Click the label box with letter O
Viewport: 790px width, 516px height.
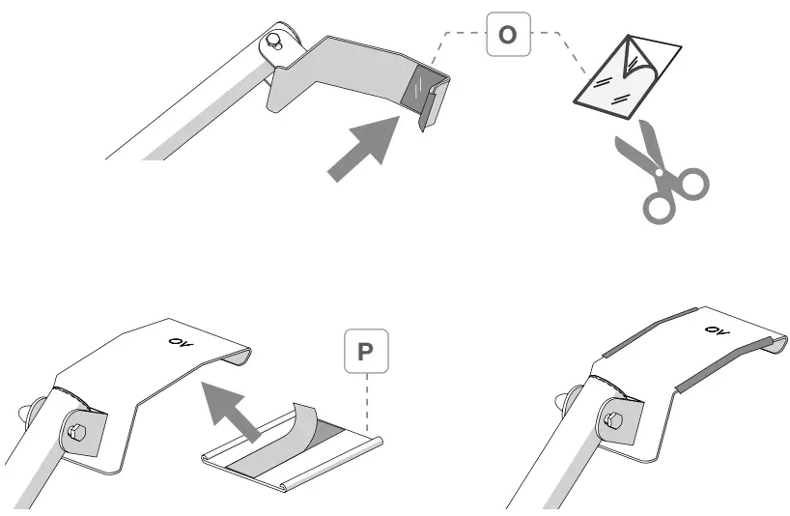[506, 36]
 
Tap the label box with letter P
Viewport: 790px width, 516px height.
[364, 353]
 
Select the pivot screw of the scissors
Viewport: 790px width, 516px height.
[661, 171]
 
